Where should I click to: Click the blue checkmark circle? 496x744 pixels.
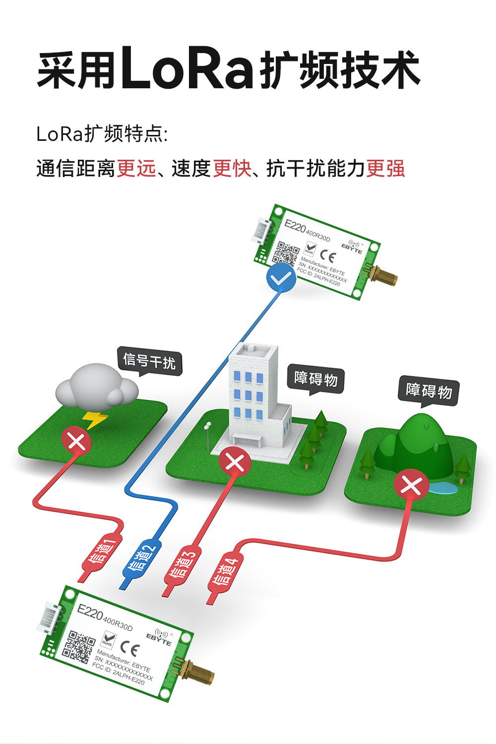[281, 278]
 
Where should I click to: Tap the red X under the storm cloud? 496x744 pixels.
[76, 441]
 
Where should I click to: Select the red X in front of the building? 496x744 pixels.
[235, 462]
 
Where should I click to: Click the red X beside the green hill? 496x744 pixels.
[411, 485]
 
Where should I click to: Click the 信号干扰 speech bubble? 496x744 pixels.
[149, 361]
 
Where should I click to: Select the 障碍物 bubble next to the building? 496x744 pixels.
[316, 379]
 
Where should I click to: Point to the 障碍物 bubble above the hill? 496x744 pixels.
[429, 391]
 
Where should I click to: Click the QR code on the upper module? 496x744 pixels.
[286, 253]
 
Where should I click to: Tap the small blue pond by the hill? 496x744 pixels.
[443, 489]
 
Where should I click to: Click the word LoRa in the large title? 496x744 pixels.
[187, 68]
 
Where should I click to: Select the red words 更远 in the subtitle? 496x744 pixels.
[136, 169]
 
